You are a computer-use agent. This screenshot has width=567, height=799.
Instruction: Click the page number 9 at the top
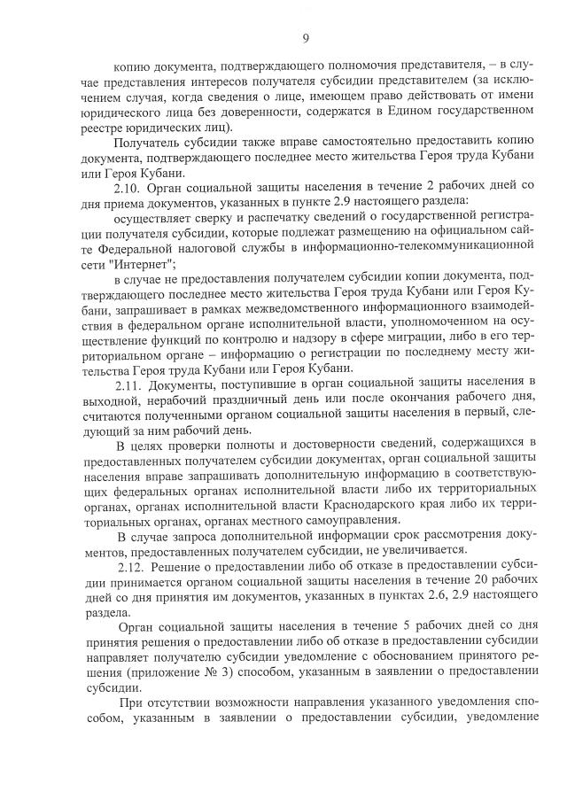(305, 38)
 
